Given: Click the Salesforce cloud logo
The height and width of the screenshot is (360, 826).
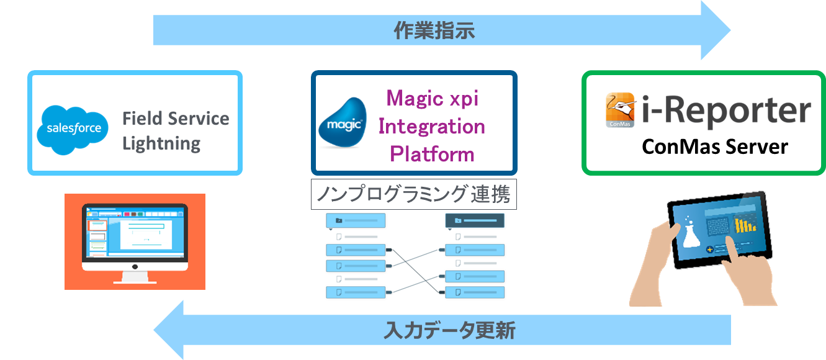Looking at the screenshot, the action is (73, 130).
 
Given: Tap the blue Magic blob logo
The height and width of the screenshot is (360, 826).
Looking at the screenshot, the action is (343, 123).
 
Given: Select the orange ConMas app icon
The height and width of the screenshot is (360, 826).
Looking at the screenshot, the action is (620, 110).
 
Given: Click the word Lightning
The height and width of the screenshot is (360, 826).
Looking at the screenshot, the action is (161, 143).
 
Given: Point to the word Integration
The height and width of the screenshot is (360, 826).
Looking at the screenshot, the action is (431, 127).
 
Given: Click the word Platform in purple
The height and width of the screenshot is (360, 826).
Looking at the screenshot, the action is (432, 154).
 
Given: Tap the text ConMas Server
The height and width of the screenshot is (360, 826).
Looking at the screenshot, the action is (715, 147).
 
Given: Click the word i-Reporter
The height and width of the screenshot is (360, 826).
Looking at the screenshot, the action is (726, 109).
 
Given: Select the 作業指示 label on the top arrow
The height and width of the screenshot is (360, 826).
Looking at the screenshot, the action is (434, 30).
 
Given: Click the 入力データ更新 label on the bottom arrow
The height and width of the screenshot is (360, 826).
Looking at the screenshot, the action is (449, 330).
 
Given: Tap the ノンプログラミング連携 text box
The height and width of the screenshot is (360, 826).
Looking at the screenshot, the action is (414, 194).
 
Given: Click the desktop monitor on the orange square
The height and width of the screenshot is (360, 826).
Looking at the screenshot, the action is (135, 243).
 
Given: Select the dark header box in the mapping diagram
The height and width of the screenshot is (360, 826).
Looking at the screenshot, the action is (475, 220).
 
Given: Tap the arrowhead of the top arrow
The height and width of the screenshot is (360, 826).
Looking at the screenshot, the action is (716, 30).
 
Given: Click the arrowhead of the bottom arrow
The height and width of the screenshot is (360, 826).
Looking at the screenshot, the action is (169, 330).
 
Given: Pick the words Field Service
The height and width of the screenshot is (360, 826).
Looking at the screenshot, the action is (176, 119).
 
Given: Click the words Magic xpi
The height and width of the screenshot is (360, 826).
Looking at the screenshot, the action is (432, 99).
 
